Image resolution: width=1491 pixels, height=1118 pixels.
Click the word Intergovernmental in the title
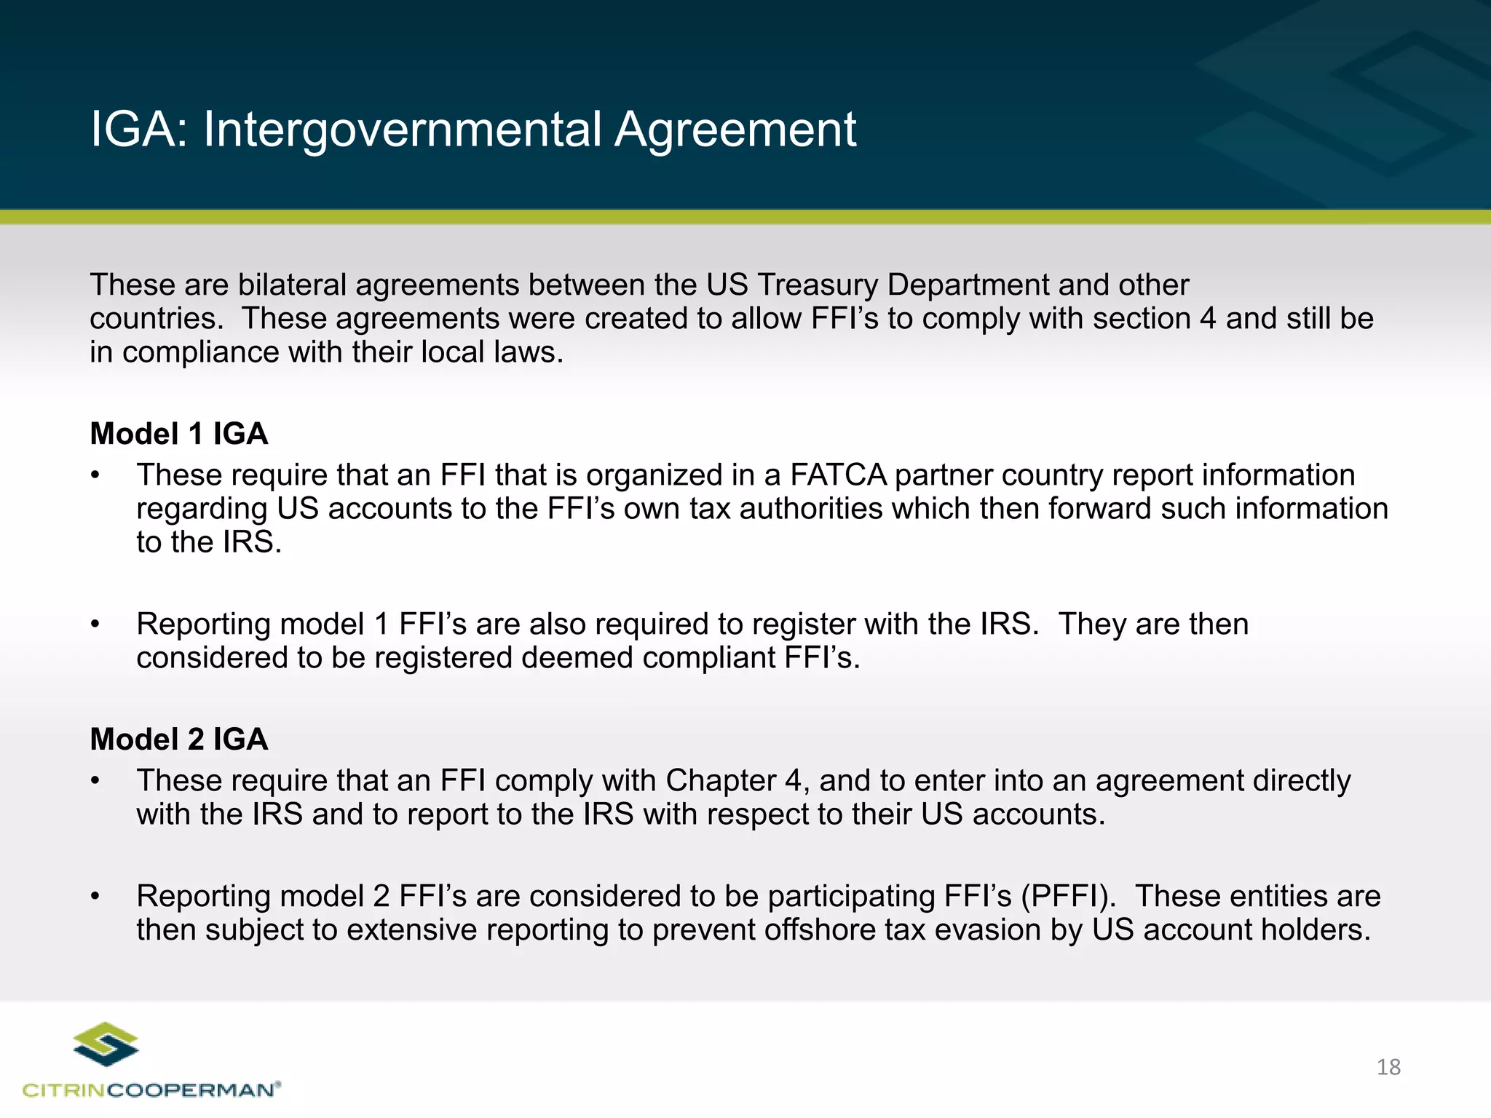[402, 130]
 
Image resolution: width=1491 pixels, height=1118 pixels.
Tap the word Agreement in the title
[735, 130]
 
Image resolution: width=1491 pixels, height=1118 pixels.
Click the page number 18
[1388, 1067]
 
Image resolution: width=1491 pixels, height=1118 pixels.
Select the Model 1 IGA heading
[179, 434]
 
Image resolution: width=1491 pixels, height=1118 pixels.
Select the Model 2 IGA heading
[179, 740]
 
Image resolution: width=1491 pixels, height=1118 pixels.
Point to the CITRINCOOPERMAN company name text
[151, 1090]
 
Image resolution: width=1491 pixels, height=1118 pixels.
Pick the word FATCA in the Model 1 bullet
[838, 475]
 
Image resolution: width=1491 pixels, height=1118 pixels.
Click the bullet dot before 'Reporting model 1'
[95, 625]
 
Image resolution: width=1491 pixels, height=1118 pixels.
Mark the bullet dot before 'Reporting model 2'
[95, 897]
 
